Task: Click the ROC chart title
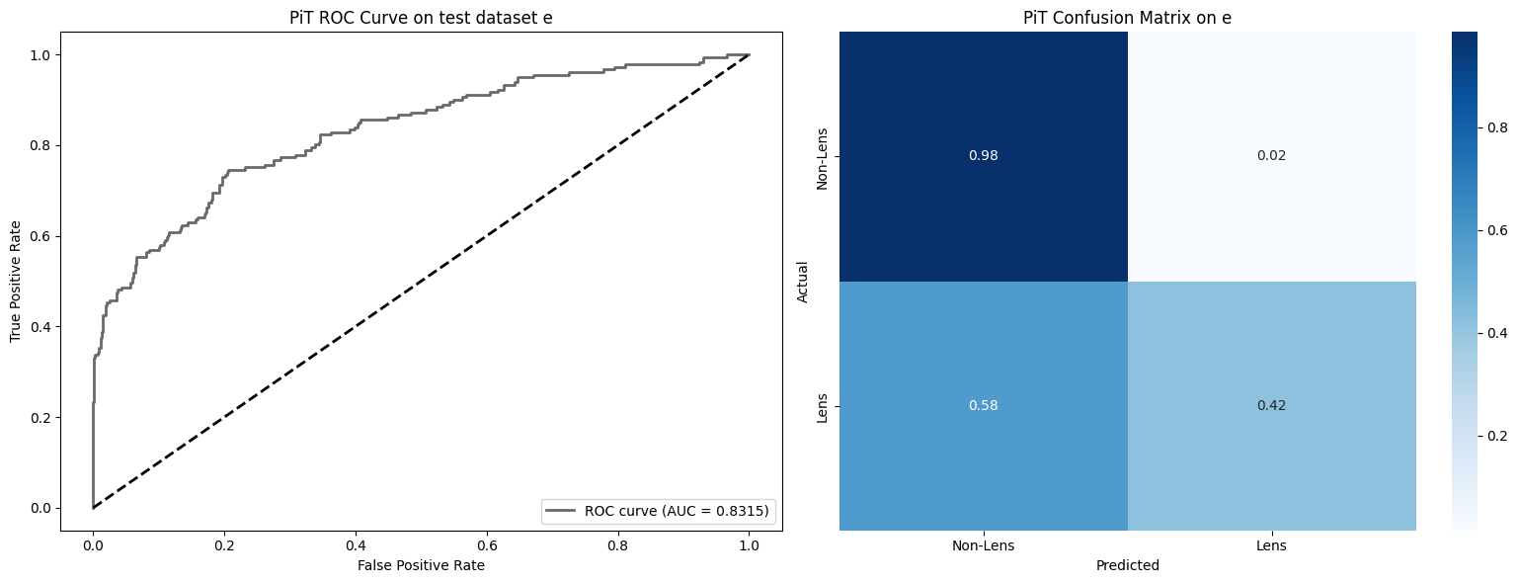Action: (x=422, y=17)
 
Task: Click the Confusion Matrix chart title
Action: (x=1127, y=17)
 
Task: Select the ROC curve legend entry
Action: (x=659, y=511)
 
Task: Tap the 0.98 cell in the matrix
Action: (x=983, y=156)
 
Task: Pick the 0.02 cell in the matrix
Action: (x=1271, y=156)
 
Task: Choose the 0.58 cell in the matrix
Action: (x=983, y=406)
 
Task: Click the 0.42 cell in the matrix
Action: (x=1271, y=406)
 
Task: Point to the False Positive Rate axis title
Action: (x=422, y=565)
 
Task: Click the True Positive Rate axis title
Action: (x=16, y=282)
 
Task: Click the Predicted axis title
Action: (x=1127, y=566)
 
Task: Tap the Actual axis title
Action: (x=802, y=282)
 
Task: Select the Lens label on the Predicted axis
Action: (x=1271, y=545)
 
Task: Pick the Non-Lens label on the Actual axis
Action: (x=822, y=156)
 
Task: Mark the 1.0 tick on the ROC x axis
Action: (x=749, y=543)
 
